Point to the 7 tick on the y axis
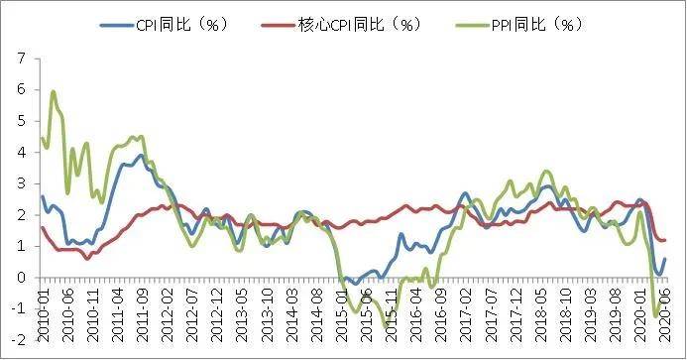(21, 58)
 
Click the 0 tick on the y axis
(21, 278)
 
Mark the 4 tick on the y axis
(21, 152)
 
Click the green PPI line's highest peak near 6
(53, 92)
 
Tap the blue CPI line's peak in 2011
(142, 155)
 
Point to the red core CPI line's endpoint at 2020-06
(665, 240)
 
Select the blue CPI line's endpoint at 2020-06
(665, 259)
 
